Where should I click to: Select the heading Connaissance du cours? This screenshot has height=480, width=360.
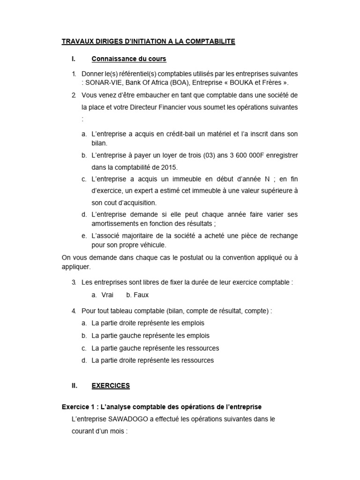pos(129,59)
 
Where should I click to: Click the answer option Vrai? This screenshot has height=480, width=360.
pos(107,295)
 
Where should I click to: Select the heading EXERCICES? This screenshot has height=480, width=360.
pos(111,386)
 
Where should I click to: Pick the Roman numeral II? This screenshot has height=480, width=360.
pos(74,386)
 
